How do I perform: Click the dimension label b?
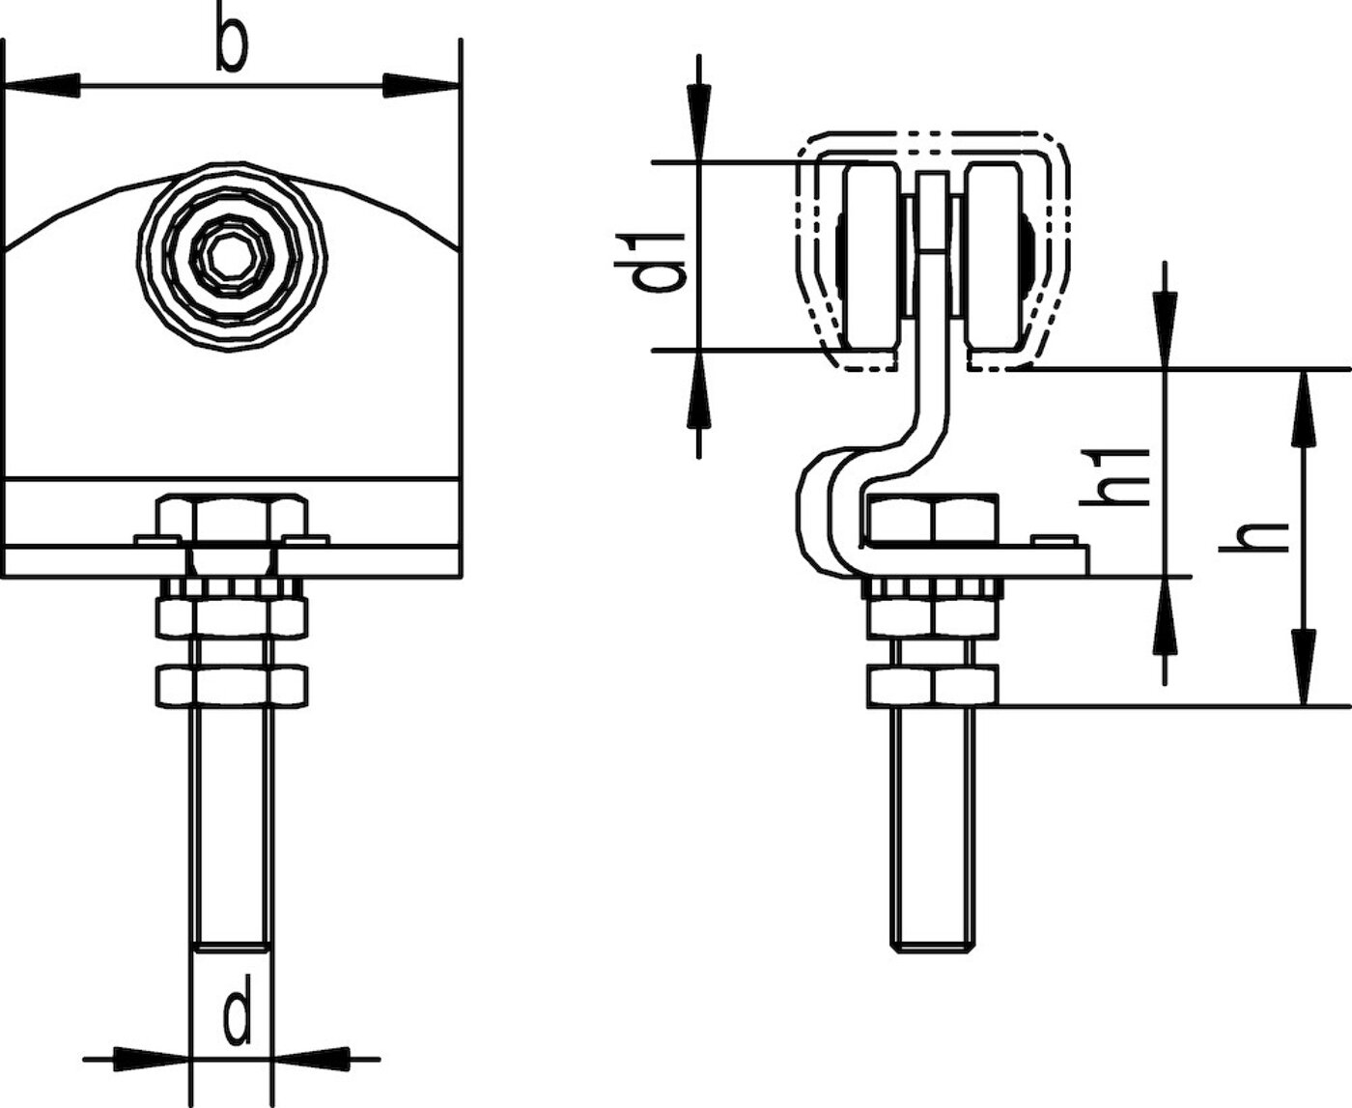[x=231, y=45]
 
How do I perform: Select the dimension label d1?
[x=651, y=262]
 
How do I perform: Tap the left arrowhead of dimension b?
[x=42, y=85]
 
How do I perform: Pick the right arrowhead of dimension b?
[x=422, y=85]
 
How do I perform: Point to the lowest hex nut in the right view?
[x=933, y=687]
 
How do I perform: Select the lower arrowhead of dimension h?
[x=1303, y=668]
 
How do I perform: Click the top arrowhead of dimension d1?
[x=699, y=123]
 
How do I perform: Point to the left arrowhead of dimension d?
[x=153, y=1060]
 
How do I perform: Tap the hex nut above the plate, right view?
[x=933, y=518]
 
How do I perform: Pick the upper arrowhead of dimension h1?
[x=1165, y=331]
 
